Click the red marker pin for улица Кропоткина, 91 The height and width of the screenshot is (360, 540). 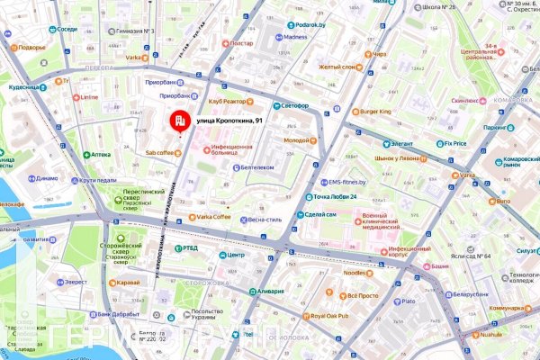click(180, 121)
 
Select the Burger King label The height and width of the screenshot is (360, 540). click(373, 111)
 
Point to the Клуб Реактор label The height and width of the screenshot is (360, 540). click(228, 102)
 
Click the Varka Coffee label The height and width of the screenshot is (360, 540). click(213, 217)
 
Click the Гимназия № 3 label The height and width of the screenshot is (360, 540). click(130, 31)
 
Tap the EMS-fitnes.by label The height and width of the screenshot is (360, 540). click(347, 181)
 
